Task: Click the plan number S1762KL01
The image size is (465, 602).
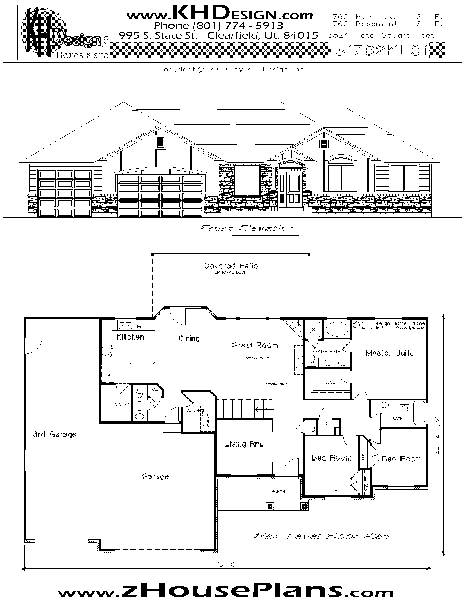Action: pos(381,51)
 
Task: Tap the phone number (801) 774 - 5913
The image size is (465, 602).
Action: pos(219,26)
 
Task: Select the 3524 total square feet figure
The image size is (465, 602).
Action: pos(338,36)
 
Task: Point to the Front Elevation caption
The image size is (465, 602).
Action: pos(247,228)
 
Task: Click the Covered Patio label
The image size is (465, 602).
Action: pos(231,266)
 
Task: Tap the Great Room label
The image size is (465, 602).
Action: pos(255,345)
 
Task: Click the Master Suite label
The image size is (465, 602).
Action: pos(390,353)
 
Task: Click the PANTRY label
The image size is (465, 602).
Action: pos(121,404)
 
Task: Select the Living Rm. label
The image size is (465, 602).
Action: pos(243,444)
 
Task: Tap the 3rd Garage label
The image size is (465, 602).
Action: pos(54,435)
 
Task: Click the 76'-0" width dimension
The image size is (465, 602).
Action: pos(226,565)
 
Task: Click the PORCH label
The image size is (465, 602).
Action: pos(278,491)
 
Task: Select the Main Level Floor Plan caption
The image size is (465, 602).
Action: pos(322,536)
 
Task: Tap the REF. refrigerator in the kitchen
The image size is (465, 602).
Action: pos(108,374)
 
